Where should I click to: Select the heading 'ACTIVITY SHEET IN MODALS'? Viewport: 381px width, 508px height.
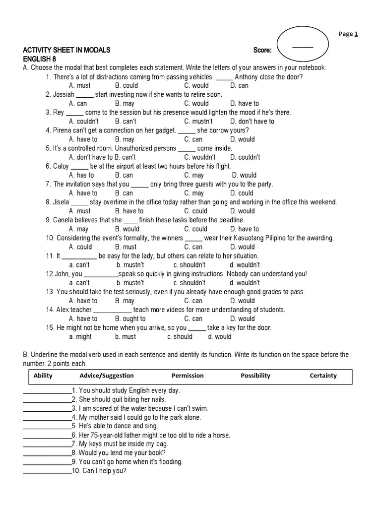[66, 50]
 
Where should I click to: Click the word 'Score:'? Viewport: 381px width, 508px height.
[262, 50]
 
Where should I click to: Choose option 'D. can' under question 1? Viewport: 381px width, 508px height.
[239, 86]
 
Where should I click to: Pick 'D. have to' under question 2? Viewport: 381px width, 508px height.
[244, 104]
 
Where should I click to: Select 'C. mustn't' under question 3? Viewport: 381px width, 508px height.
[198, 122]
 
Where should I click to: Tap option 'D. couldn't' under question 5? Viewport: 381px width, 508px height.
[245, 157]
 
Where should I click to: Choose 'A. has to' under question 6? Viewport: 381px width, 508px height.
[81, 175]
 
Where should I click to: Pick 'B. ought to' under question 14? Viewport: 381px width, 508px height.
[130, 318]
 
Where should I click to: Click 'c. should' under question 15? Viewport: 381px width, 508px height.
[180, 336]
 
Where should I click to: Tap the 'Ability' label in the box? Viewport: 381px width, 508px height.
[43, 376]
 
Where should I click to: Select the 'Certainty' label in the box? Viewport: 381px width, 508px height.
[323, 376]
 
